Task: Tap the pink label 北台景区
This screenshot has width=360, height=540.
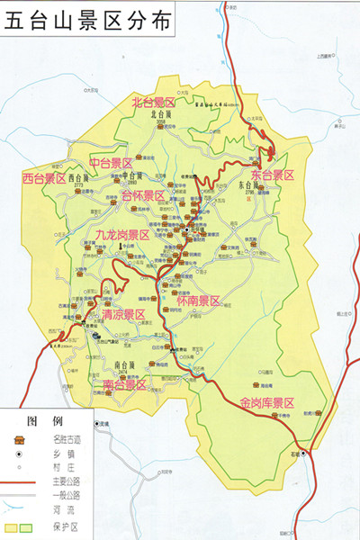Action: (153, 102)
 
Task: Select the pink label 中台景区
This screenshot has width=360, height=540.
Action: (112, 163)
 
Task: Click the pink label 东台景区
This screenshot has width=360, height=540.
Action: (274, 174)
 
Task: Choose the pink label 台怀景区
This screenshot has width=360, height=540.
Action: (143, 195)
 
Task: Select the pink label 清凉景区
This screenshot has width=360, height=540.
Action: (123, 314)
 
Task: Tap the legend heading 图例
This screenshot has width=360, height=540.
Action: (44, 420)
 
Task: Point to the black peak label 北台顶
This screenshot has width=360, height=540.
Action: (161, 115)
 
